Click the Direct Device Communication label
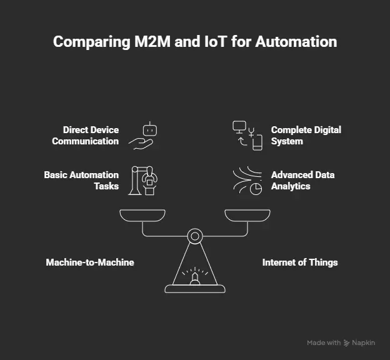click(85, 136)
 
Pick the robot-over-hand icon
click(144, 136)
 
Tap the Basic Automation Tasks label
click(81, 180)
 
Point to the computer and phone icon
click(246, 136)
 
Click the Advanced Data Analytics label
click(302, 180)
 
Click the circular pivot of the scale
click(195, 236)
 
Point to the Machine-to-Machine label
click(90, 262)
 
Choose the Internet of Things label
click(300, 262)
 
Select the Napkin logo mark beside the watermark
click(347, 343)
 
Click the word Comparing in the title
click(85, 42)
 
